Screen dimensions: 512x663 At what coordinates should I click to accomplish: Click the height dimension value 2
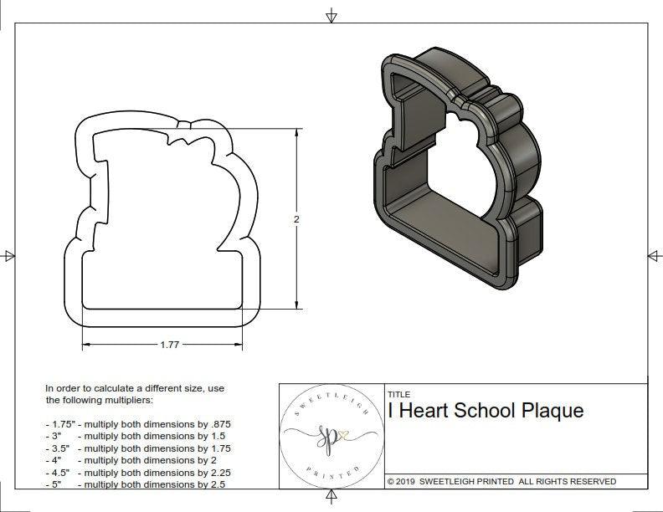(296, 219)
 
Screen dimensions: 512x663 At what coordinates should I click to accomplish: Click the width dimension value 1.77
(170, 344)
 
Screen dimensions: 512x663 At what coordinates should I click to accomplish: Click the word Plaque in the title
(552, 411)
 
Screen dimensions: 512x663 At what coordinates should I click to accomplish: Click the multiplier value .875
(219, 424)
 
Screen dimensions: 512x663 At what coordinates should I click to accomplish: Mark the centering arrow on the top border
(332, 16)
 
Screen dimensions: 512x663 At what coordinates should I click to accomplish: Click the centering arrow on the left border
(9, 256)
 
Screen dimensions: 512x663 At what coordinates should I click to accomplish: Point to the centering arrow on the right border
(654, 255)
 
